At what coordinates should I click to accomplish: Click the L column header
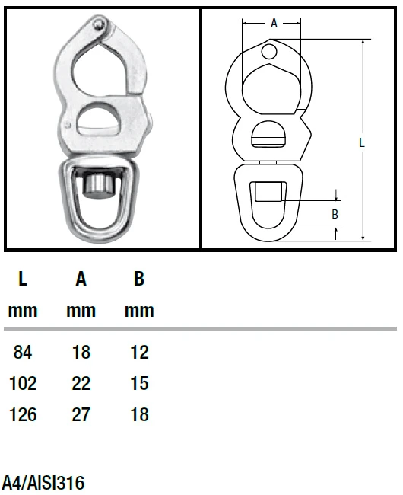[x=23, y=279]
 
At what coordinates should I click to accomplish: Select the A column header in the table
[x=81, y=279]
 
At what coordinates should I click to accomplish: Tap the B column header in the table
[x=139, y=279]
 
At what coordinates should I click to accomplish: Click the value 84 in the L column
[x=23, y=353]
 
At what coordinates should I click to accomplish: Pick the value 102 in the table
[x=23, y=384]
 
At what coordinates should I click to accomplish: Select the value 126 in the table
[x=23, y=415]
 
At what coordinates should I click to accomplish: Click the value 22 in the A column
[x=81, y=384]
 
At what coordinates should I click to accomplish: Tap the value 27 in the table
[x=81, y=415]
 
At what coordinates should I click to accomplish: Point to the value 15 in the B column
[x=139, y=384]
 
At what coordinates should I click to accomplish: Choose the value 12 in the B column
[x=139, y=353]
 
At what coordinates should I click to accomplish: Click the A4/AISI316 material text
[x=43, y=483]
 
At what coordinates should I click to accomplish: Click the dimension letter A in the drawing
[x=274, y=24]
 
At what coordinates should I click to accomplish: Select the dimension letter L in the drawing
[x=362, y=142]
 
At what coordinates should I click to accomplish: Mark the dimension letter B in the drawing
[x=335, y=215]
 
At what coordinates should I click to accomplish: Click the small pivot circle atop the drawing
[x=270, y=51]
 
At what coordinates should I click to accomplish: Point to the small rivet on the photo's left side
[x=68, y=124]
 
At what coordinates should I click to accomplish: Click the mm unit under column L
[x=23, y=311]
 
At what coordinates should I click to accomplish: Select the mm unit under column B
[x=139, y=311]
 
